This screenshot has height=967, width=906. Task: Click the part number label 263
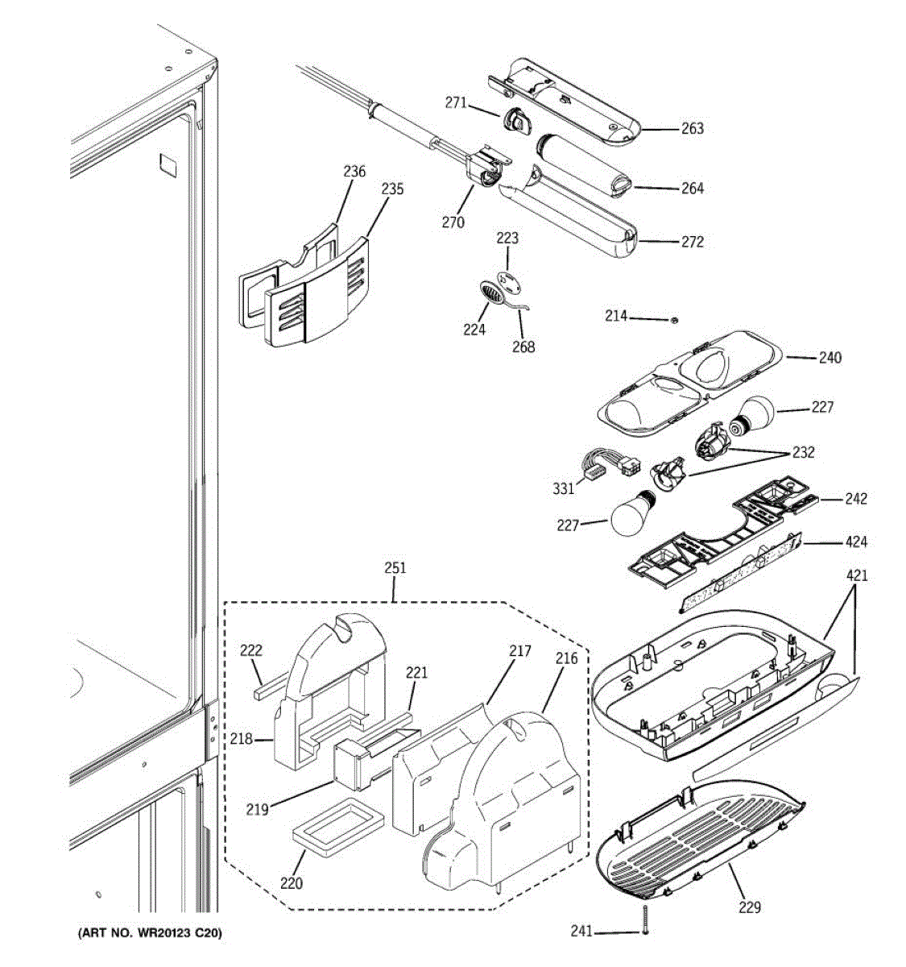pyautogui.click(x=692, y=128)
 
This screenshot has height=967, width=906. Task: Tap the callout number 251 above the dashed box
pyautogui.click(x=395, y=568)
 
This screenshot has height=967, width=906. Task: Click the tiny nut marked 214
pyautogui.click(x=674, y=320)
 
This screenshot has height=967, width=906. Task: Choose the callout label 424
pyautogui.click(x=855, y=542)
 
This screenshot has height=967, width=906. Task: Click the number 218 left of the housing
pyautogui.click(x=242, y=739)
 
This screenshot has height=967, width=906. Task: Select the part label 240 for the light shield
pyautogui.click(x=829, y=358)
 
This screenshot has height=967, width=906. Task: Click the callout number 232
pyautogui.click(x=803, y=452)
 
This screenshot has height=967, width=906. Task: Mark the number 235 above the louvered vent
pyautogui.click(x=392, y=189)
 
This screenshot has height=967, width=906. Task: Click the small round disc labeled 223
pyautogui.click(x=510, y=282)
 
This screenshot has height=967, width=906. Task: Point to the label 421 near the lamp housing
pyautogui.click(x=857, y=575)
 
